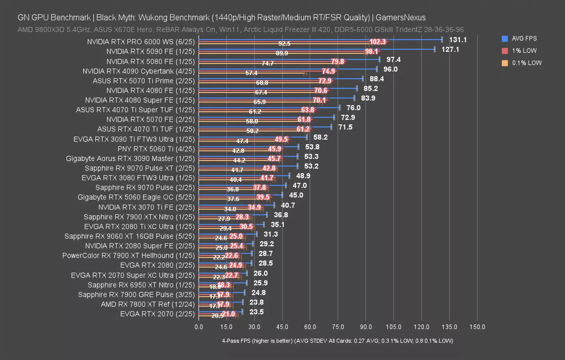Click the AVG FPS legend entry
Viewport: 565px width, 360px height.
pos(524,39)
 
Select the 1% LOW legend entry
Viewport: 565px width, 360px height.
pos(524,51)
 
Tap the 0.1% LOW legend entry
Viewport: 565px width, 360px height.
pos(527,63)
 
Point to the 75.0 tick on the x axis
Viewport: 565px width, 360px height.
pos(338,327)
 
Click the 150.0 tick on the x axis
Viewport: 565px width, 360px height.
pos(477,327)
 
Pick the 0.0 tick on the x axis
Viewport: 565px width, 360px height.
pos(199,327)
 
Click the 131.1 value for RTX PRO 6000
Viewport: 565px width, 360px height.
pos(458,40)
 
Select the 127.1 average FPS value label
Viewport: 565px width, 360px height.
pos(450,50)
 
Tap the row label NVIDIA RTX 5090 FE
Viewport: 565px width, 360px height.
pos(150,52)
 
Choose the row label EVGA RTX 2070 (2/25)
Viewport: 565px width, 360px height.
pos(157,314)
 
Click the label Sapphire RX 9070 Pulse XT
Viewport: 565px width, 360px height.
pos(140,168)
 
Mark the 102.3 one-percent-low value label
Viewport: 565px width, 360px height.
pos(377,42)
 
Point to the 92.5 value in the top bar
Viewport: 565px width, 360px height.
pos(284,44)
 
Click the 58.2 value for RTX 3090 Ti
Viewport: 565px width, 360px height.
pos(320,137)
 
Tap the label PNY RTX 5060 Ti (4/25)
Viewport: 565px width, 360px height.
pos(156,149)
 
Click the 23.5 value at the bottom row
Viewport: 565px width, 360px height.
pos(256,312)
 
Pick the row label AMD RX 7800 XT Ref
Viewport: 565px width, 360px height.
pos(148,304)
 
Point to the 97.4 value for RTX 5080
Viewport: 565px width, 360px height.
pos(393,60)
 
